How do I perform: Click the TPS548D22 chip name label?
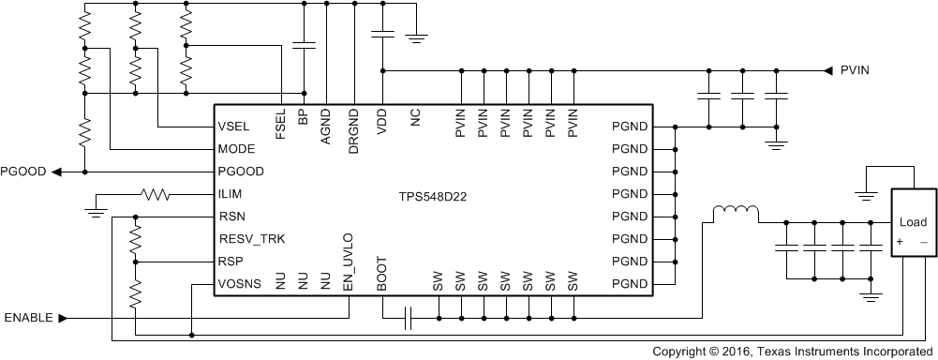(434, 198)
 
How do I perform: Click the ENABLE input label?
(34, 318)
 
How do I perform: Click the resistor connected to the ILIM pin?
(154, 195)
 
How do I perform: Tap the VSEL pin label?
(232, 127)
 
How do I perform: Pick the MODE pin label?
(235, 149)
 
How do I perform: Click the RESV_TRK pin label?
(251, 239)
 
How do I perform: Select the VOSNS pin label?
(238, 284)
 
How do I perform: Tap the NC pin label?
(415, 117)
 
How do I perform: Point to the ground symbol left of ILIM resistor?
(96, 209)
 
